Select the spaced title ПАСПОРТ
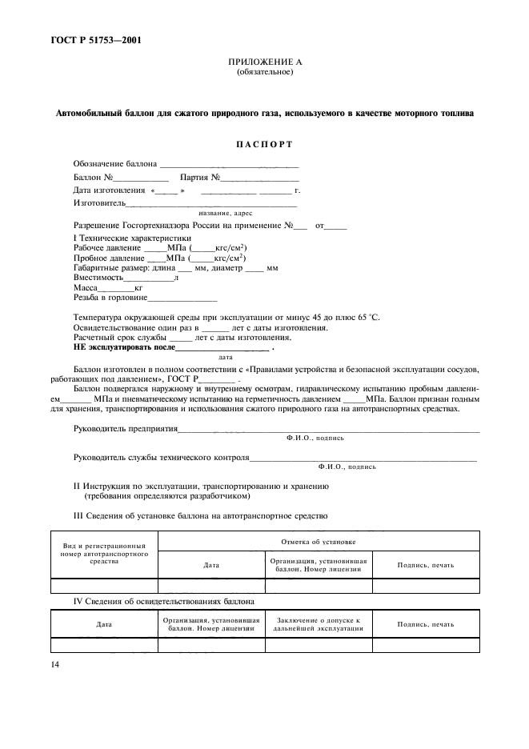(264, 144)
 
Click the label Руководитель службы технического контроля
(161, 459)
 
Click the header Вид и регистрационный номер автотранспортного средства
(105, 554)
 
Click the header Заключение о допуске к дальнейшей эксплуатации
(319, 623)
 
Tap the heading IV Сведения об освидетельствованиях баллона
(164, 600)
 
